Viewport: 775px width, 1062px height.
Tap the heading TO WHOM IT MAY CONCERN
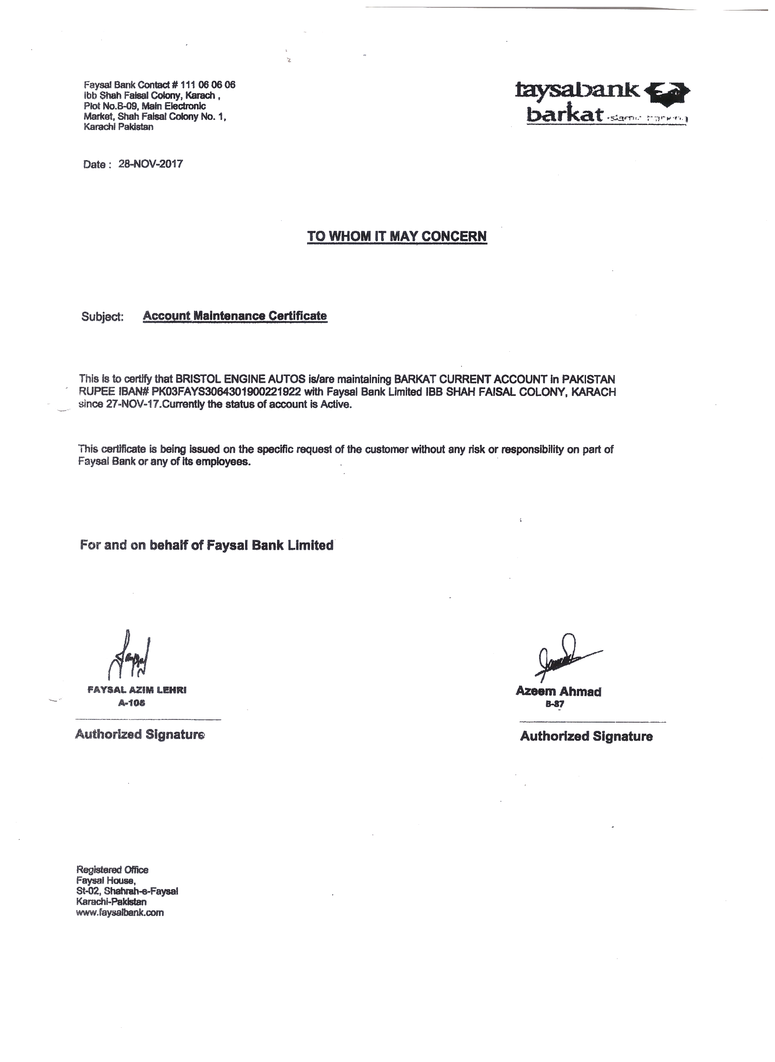pyautogui.click(x=397, y=236)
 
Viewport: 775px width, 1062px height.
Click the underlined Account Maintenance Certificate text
pyautogui.click(x=235, y=316)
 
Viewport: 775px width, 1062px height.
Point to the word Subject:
pyautogui.click(x=102, y=317)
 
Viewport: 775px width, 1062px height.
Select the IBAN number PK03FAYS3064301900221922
pyautogui.click(x=226, y=391)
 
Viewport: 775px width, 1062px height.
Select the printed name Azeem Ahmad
pyautogui.click(x=558, y=691)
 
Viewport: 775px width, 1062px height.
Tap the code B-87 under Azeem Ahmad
pyautogui.click(x=555, y=704)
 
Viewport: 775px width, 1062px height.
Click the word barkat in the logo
pyautogui.click(x=564, y=113)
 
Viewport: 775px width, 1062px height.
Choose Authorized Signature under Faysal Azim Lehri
pyautogui.click(x=140, y=734)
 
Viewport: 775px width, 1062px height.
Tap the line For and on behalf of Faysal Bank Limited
pyautogui.click(x=206, y=545)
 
